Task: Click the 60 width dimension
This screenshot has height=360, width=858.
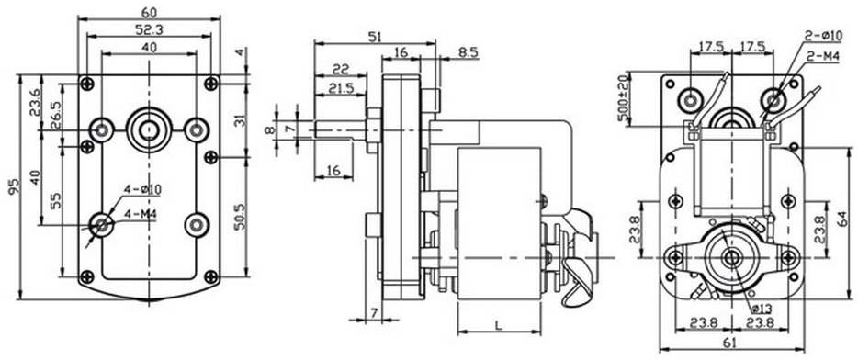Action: click(x=149, y=11)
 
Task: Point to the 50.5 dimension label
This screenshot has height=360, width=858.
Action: click(x=240, y=217)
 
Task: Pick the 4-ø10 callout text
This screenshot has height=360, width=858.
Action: click(x=142, y=189)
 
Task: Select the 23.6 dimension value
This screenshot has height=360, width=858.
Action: click(x=34, y=101)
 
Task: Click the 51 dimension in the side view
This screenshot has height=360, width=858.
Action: click(x=374, y=37)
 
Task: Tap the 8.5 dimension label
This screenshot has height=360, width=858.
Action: click(x=469, y=52)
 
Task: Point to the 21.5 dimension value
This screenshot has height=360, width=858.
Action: click(x=341, y=87)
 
